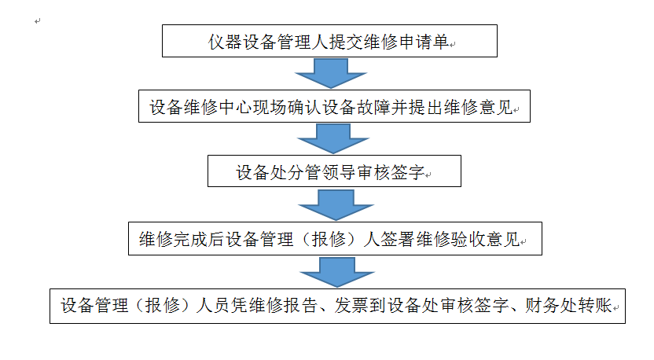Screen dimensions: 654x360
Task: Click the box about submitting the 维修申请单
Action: [329, 41]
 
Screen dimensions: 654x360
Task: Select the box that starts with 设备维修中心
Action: [334, 106]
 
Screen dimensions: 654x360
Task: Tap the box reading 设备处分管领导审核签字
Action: [334, 171]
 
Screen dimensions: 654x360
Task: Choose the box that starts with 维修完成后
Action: [335, 239]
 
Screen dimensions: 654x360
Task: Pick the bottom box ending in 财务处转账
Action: [337, 306]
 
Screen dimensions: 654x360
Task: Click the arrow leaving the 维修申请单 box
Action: [331, 73]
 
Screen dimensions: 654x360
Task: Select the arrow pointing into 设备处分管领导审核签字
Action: [333, 139]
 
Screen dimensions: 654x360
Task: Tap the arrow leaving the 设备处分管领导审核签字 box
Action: [336, 205]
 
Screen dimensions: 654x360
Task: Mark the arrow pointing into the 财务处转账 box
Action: [337, 272]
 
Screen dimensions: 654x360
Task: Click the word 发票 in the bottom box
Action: [351, 306]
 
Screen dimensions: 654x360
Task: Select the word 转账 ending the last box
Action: [594, 306]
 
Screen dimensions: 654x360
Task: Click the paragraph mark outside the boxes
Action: [38, 21]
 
